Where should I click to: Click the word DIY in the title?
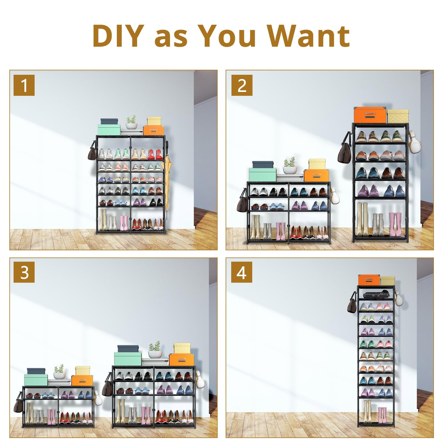tap(118, 36)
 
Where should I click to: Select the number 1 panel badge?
tap(24, 85)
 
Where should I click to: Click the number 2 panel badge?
tap(242, 85)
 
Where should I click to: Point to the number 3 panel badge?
tap(24, 272)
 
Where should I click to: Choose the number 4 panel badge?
tap(242, 272)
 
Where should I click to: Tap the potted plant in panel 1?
tap(132, 122)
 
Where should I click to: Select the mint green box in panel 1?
tap(109, 130)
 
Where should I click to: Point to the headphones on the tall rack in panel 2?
tap(414, 142)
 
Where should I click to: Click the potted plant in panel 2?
tap(290, 166)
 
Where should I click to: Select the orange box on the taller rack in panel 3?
tap(181, 359)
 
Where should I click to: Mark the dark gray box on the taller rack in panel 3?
tap(128, 349)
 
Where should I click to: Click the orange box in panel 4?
tap(369, 280)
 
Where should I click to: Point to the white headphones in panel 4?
tap(399, 298)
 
